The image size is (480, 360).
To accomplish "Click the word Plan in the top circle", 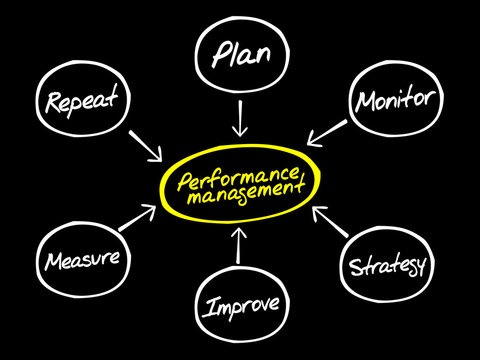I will coord(240,53).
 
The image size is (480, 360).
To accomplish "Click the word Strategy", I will coord(388,267).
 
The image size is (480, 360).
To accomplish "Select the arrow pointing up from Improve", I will coord(240,246).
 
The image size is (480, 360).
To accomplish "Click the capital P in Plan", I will coord(218,53).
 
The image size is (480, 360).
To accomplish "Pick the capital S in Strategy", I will coord(355,266).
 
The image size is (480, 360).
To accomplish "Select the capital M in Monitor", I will coord(364,101).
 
